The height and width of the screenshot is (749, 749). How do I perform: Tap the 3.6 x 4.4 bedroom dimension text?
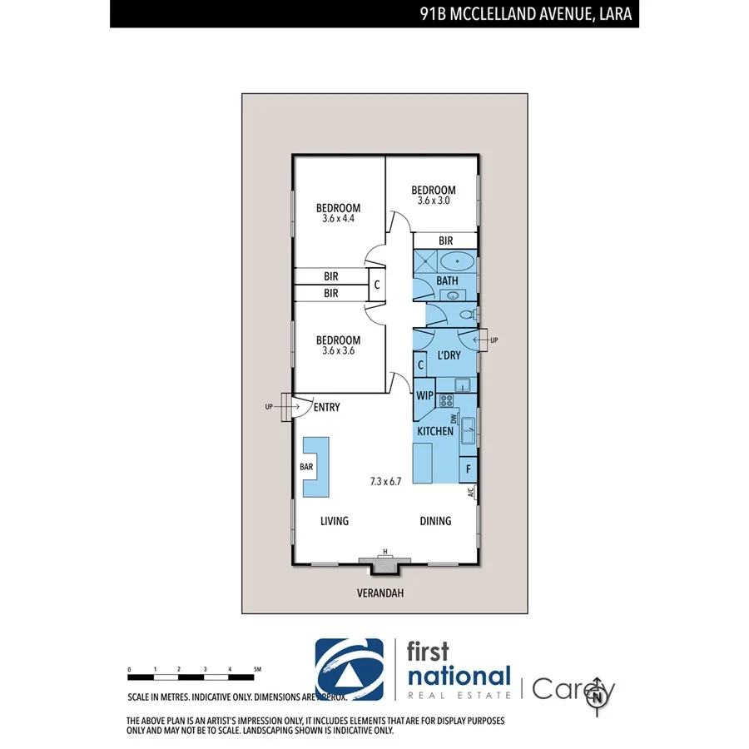pyautogui.click(x=338, y=219)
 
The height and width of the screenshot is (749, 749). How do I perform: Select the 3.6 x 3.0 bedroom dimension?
pyautogui.click(x=434, y=201)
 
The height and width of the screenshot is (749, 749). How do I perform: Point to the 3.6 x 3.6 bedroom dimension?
pyautogui.click(x=338, y=351)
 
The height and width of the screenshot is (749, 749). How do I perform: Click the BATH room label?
pyautogui.click(x=448, y=280)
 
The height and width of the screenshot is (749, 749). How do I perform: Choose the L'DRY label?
pyautogui.click(x=449, y=355)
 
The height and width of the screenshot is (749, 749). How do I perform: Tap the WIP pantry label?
pyautogui.click(x=424, y=395)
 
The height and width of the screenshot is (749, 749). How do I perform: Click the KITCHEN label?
pyautogui.click(x=435, y=431)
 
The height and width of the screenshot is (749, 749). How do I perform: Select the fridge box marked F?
pyautogui.click(x=469, y=469)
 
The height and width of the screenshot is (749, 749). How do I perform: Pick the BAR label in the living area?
pyautogui.click(x=306, y=467)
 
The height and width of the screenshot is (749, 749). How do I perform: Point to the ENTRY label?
pyautogui.click(x=326, y=407)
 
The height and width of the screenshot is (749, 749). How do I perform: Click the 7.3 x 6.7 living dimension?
pyautogui.click(x=386, y=481)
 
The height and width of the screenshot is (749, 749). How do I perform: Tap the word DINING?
pyautogui.click(x=435, y=521)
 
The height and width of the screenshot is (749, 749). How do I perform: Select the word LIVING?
pyautogui.click(x=335, y=521)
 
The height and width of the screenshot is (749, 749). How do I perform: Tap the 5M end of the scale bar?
pyautogui.click(x=258, y=669)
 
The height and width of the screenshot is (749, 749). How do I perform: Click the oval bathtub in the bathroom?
pyautogui.click(x=457, y=261)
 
